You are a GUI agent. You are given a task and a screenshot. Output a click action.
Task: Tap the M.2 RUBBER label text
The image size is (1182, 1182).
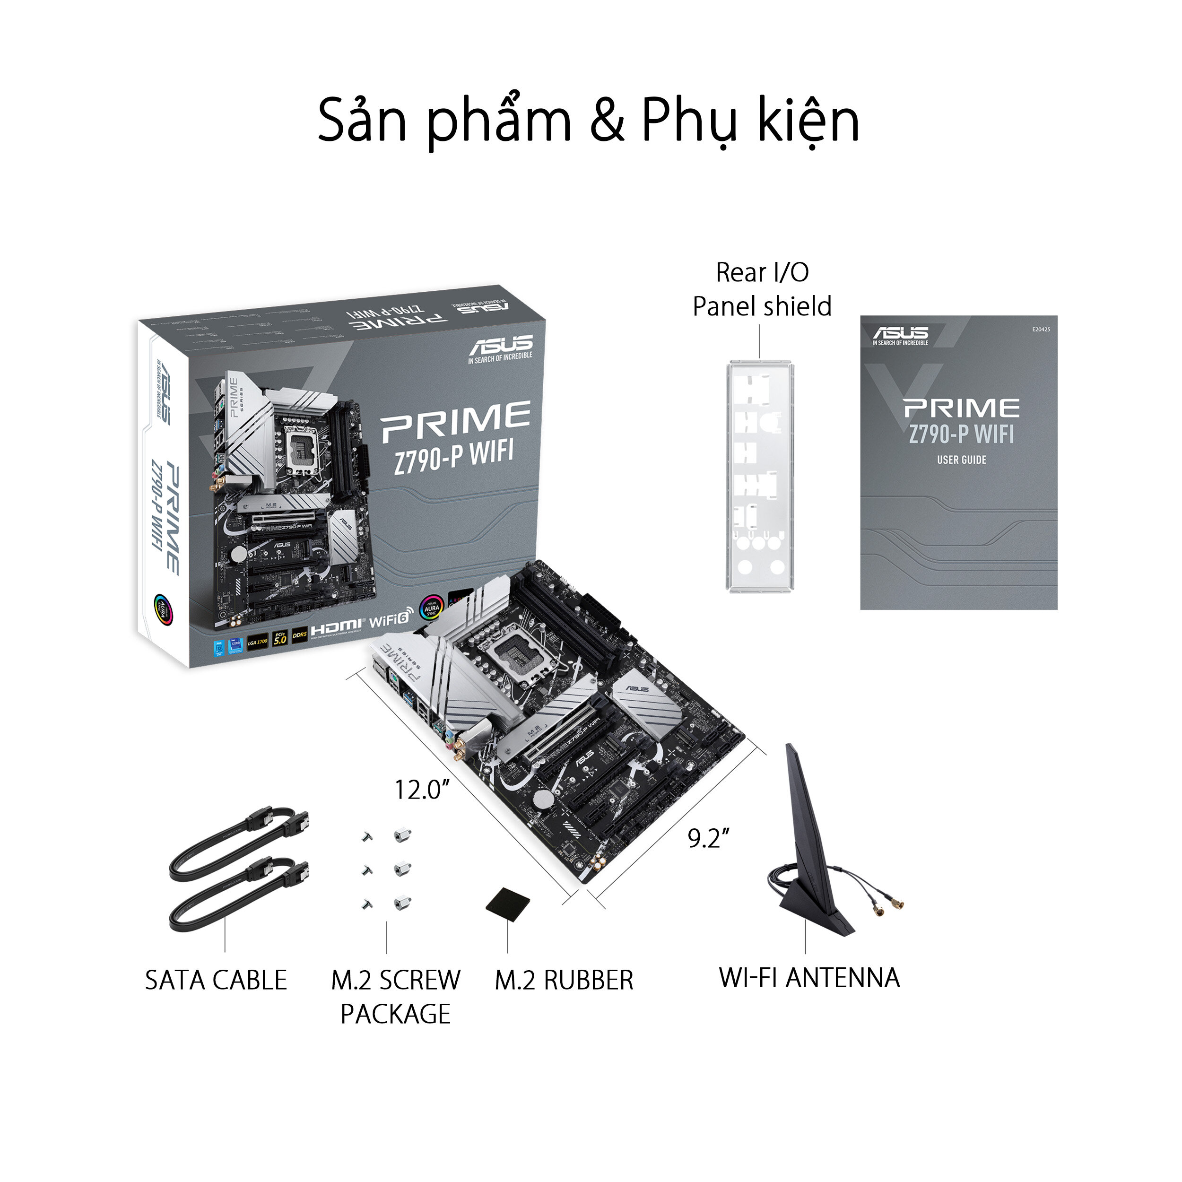point(564,980)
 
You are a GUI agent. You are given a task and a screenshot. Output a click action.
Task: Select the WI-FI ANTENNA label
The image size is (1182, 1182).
point(809,978)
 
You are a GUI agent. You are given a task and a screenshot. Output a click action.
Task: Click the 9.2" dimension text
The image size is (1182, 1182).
point(708,838)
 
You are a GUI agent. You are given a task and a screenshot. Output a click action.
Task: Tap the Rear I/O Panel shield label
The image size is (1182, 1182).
point(762,289)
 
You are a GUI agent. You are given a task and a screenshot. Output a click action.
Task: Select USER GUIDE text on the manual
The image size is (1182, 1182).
point(961,460)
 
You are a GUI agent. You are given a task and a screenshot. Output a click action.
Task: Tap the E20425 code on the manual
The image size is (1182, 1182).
point(1041,330)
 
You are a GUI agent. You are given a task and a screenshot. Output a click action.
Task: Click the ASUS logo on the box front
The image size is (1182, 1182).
point(500,346)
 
